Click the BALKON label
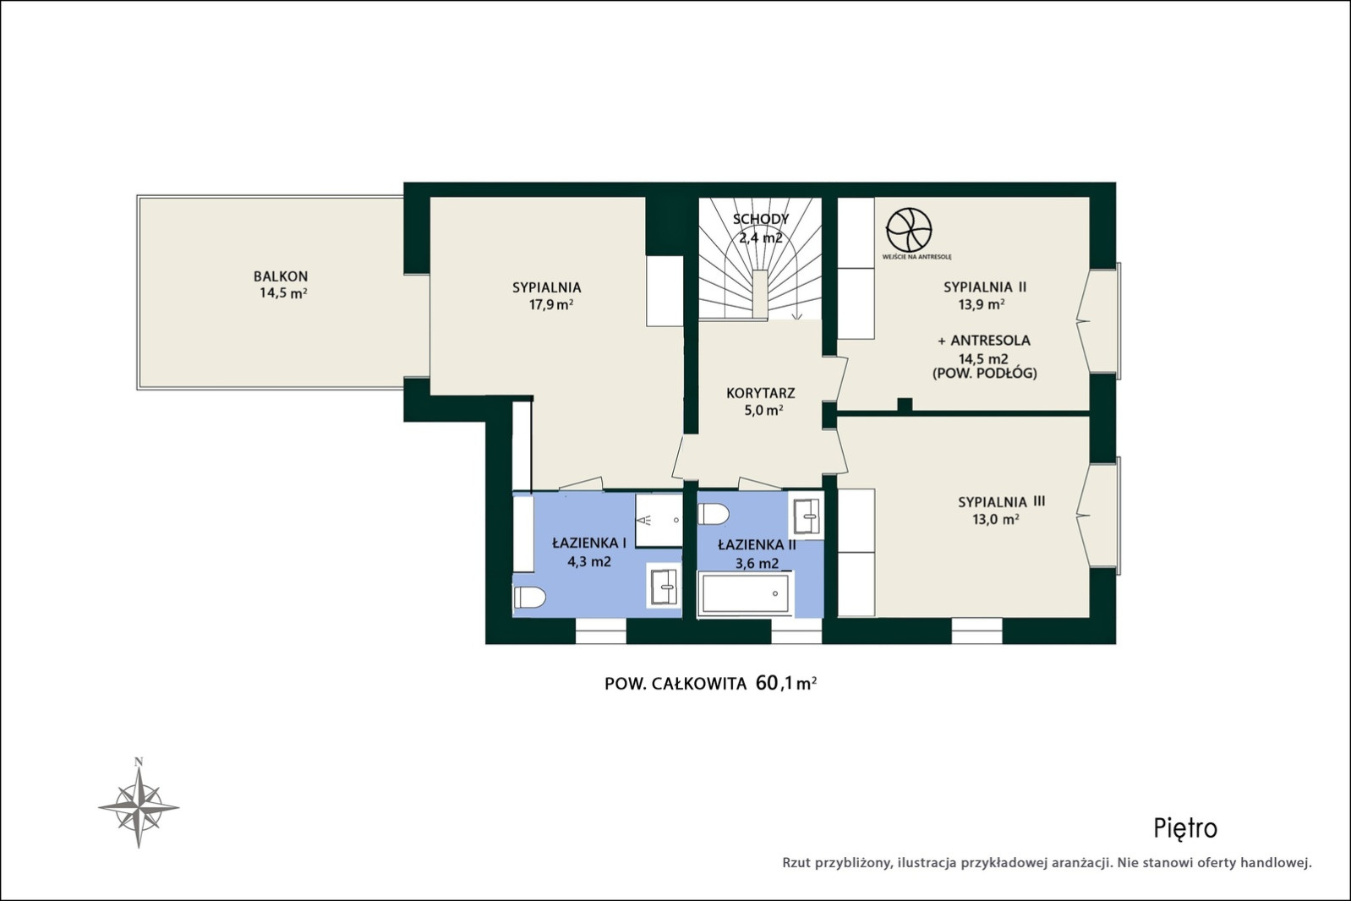(x=281, y=276)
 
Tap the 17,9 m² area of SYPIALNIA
(x=551, y=304)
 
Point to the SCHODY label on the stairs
(x=761, y=219)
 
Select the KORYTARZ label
(x=761, y=393)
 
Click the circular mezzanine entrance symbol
(x=909, y=230)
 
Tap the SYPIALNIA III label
(x=1001, y=502)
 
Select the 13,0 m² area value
(x=996, y=519)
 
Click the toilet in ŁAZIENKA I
(x=529, y=597)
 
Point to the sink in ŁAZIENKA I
(x=664, y=586)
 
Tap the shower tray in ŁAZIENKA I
(x=659, y=520)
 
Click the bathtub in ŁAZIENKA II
(x=746, y=593)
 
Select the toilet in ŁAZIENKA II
(x=714, y=515)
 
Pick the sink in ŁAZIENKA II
(x=807, y=516)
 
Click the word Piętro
(x=1185, y=829)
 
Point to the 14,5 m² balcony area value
(x=283, y=293)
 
